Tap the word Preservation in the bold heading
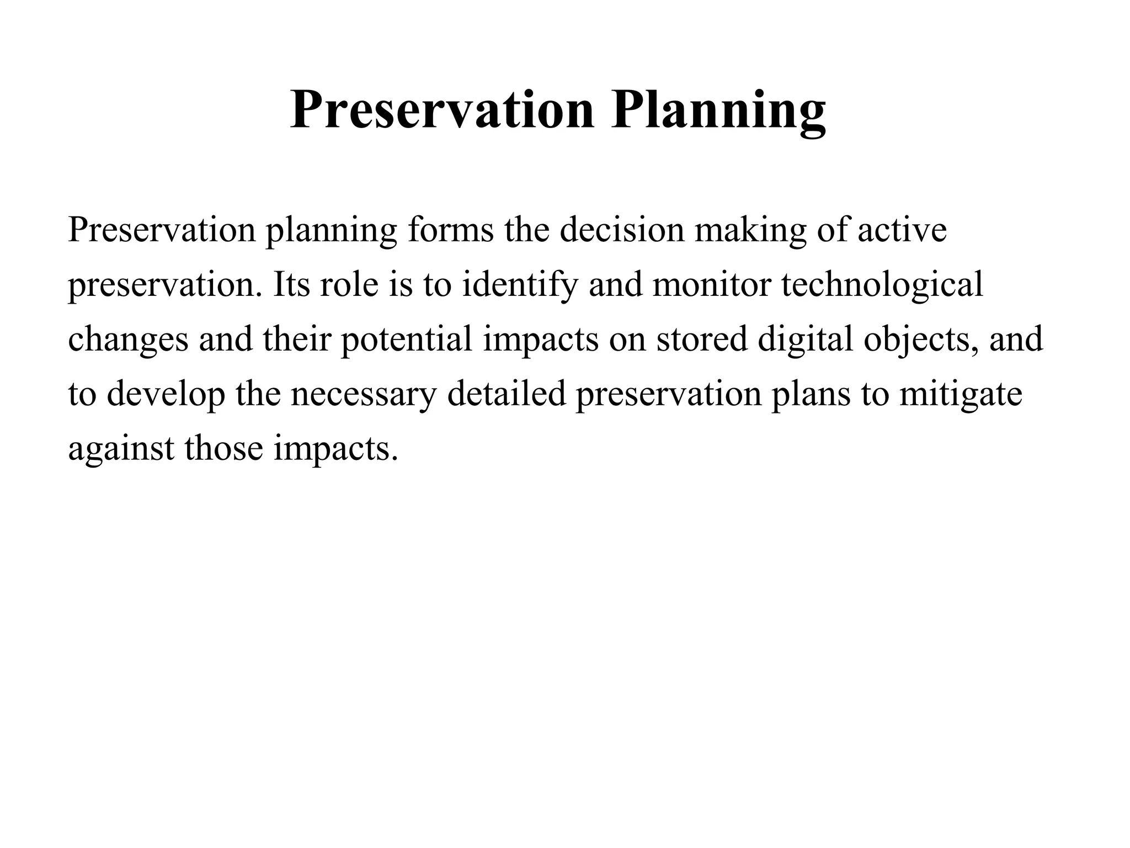tap(442, 110)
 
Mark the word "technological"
tap(882, 285)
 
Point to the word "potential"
tap(407, 340)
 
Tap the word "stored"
tap(701, 339)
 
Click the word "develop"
tap(166, 395)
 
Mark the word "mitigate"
tap(961, 395)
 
